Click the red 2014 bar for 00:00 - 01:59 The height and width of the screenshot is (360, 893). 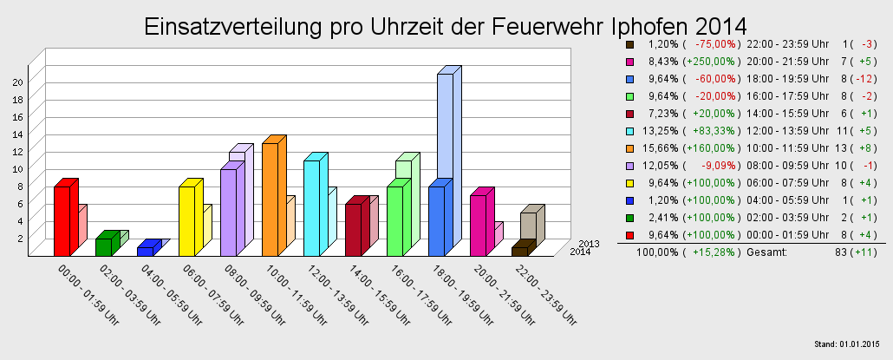pos(62,220)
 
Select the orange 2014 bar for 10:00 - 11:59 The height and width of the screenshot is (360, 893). pos(270,199)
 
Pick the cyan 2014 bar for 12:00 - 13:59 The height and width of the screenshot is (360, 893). pos(311,207)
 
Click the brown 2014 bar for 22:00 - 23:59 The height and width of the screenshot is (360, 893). pos(518,251)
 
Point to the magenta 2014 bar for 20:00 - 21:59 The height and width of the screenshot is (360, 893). pos(478,225)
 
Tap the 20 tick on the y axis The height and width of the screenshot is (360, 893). pos(16,82)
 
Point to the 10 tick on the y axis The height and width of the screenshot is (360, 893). pos(16,169)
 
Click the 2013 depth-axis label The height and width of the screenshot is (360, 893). pos(590,244)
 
